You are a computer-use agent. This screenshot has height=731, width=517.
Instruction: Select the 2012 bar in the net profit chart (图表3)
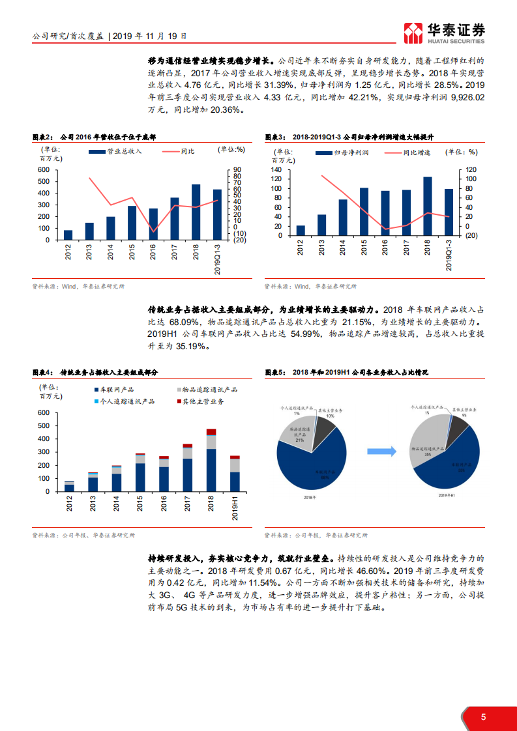(x=301, y=231)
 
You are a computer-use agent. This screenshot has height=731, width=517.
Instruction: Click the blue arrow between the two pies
(x=382, y=451)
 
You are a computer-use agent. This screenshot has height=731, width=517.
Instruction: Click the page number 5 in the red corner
(x=483, y=717)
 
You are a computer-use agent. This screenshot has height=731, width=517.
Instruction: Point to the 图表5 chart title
(x=347, y=373)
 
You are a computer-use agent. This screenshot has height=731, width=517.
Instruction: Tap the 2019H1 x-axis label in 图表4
(x=235, y=508)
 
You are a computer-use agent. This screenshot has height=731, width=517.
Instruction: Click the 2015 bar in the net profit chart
(x=364, y=212)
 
